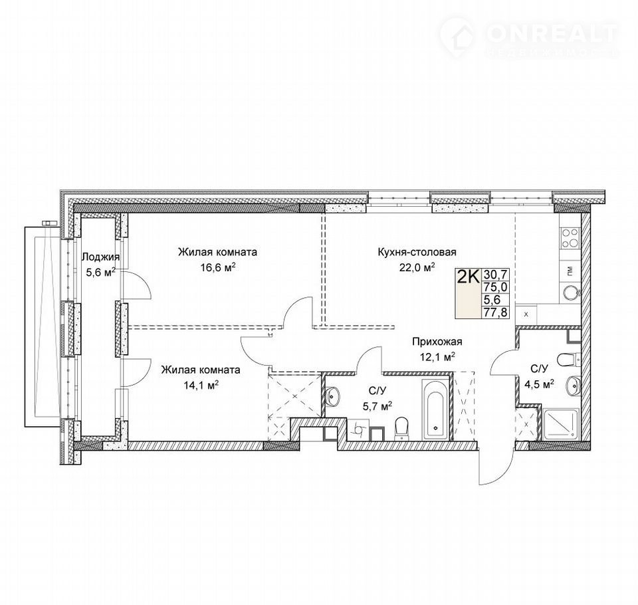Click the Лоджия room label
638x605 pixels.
[100, 257]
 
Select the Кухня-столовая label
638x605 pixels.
[417, 252]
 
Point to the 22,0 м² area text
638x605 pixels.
[417, 267]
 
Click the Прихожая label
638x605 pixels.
[437, 342]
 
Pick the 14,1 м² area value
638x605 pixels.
[201, 385]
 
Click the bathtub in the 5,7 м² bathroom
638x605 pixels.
[435, 409]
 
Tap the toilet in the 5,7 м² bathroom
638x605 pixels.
[401, 428]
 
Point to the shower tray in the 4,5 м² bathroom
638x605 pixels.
[560, 423]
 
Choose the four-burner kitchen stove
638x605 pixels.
[570, 239]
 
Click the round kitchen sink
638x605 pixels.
[571, 293]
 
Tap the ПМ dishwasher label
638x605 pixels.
[570, 271]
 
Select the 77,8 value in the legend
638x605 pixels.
[495, 312]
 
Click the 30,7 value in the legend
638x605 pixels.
[495, 275]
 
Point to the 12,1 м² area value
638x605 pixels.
[437, 357]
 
